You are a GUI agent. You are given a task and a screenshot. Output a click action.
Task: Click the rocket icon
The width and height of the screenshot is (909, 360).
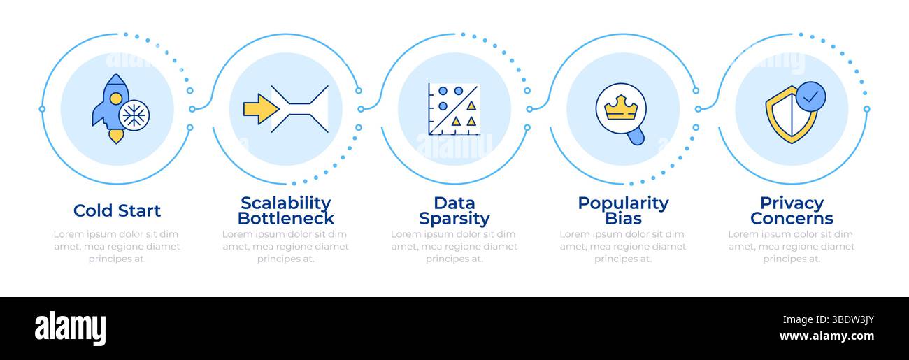coord(112,108)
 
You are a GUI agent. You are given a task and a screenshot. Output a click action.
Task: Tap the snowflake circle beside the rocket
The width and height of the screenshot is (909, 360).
coord(134,115)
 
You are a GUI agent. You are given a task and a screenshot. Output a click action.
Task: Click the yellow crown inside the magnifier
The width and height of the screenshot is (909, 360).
coord(621,108)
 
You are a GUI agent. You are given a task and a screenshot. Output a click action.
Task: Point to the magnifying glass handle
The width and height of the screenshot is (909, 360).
coord(636,136)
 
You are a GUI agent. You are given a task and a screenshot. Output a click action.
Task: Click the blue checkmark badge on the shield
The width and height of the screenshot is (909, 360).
coord(810,96)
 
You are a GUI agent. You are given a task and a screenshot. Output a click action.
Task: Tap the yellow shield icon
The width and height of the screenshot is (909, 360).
coord(791,115)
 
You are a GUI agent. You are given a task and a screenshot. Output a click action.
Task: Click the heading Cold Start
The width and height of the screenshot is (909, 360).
coord(117,210)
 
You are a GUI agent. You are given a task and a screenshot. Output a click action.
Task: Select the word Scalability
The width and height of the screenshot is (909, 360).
coord(286,203)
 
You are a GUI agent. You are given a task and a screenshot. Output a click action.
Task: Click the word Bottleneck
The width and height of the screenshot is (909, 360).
coord(286,218)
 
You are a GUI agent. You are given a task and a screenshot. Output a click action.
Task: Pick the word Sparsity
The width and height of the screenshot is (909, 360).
coord(454,219)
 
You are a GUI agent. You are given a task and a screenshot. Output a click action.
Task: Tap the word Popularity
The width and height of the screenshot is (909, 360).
coord(623,203)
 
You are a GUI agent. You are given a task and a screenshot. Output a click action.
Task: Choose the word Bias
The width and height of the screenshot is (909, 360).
coord(623,218)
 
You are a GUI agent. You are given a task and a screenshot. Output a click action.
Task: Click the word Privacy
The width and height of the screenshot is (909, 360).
coord(792,203)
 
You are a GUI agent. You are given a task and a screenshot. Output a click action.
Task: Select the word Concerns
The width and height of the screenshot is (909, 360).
coord(792,218)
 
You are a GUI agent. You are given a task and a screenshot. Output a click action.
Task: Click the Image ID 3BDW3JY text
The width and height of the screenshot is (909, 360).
coord(829,320)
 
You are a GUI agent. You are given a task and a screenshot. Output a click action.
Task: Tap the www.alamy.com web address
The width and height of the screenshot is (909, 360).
coord(826,336)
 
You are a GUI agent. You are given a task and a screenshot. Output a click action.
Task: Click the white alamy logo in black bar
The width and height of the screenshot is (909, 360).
coord(70,328)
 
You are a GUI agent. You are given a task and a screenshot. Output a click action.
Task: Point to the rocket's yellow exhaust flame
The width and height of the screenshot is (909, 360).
coord(116,136)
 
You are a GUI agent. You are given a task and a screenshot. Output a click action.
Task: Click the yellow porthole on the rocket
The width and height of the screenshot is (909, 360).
coord(115,99)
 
